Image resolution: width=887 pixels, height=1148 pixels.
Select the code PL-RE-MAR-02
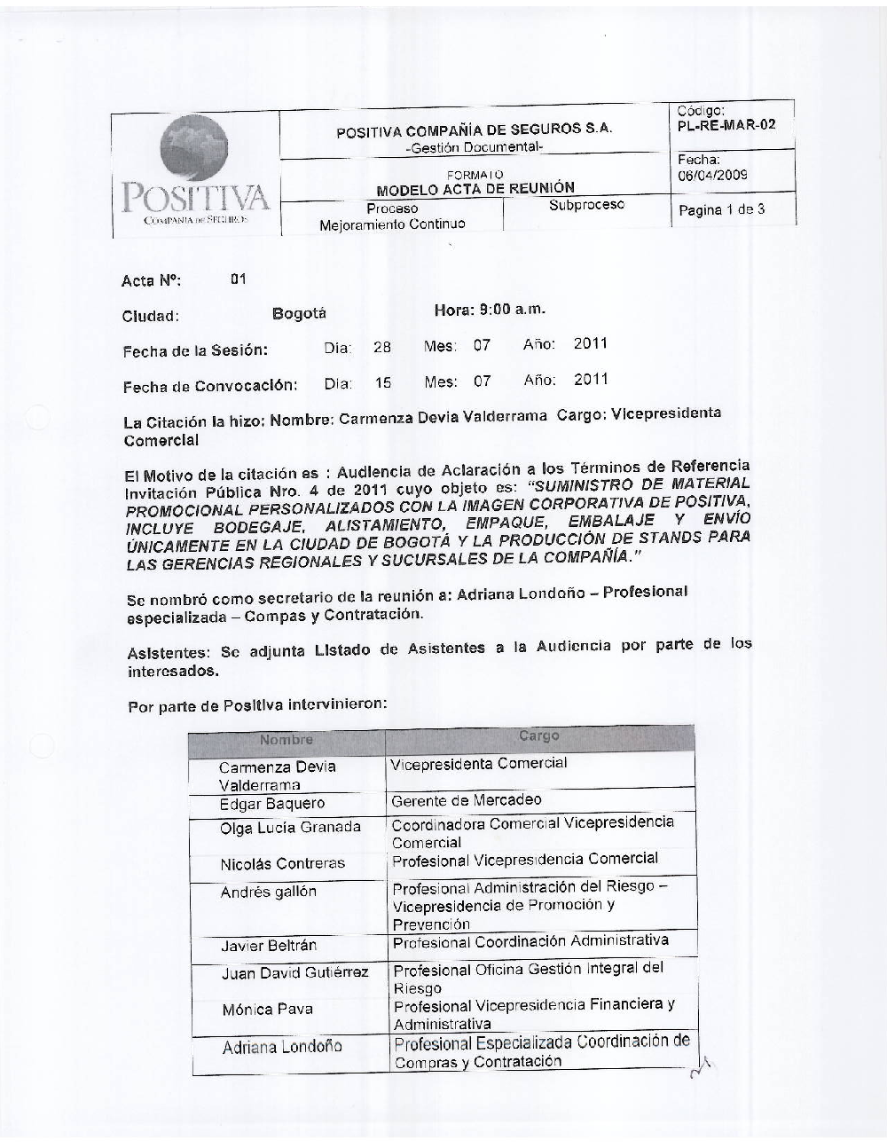[726, 125]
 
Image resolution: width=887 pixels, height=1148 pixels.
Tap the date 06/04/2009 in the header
[713, 175]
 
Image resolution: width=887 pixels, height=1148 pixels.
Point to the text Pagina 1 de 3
[721, 210]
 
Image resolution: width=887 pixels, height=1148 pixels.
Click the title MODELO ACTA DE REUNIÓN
[475, 188]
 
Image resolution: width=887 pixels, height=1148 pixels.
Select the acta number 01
[238, 279]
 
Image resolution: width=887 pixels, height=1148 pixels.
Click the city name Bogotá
[299, 313]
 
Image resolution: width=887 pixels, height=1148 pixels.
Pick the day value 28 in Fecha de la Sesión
[381, 347]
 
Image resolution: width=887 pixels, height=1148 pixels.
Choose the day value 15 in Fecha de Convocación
[382, 383]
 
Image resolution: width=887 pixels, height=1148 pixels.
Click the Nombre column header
[287, 740]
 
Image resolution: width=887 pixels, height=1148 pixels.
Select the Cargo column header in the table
[539, 735]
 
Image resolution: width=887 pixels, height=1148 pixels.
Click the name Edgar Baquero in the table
[272, 805]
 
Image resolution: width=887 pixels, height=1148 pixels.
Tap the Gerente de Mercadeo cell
[466, 800]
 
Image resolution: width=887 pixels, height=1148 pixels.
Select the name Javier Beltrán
[269, 946]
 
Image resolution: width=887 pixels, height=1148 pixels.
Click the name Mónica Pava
[267, 1009]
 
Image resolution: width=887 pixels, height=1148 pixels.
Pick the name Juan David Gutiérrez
[294, 972]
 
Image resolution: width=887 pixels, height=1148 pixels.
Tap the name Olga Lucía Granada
[290, 828]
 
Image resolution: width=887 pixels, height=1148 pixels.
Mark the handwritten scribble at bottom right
[703, 1069]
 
